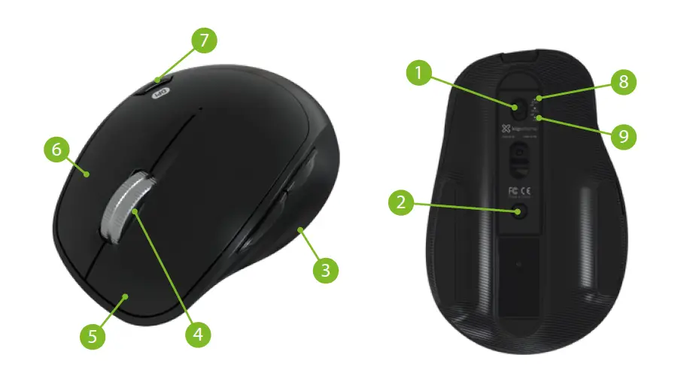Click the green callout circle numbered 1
coord(420,74)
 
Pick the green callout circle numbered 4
coord(197,333)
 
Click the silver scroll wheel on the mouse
coord(129,207)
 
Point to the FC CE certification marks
coord(521,190)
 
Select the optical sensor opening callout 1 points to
coord(518,107)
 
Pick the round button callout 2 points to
coord(520,212)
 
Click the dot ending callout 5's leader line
coord(125,298)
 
